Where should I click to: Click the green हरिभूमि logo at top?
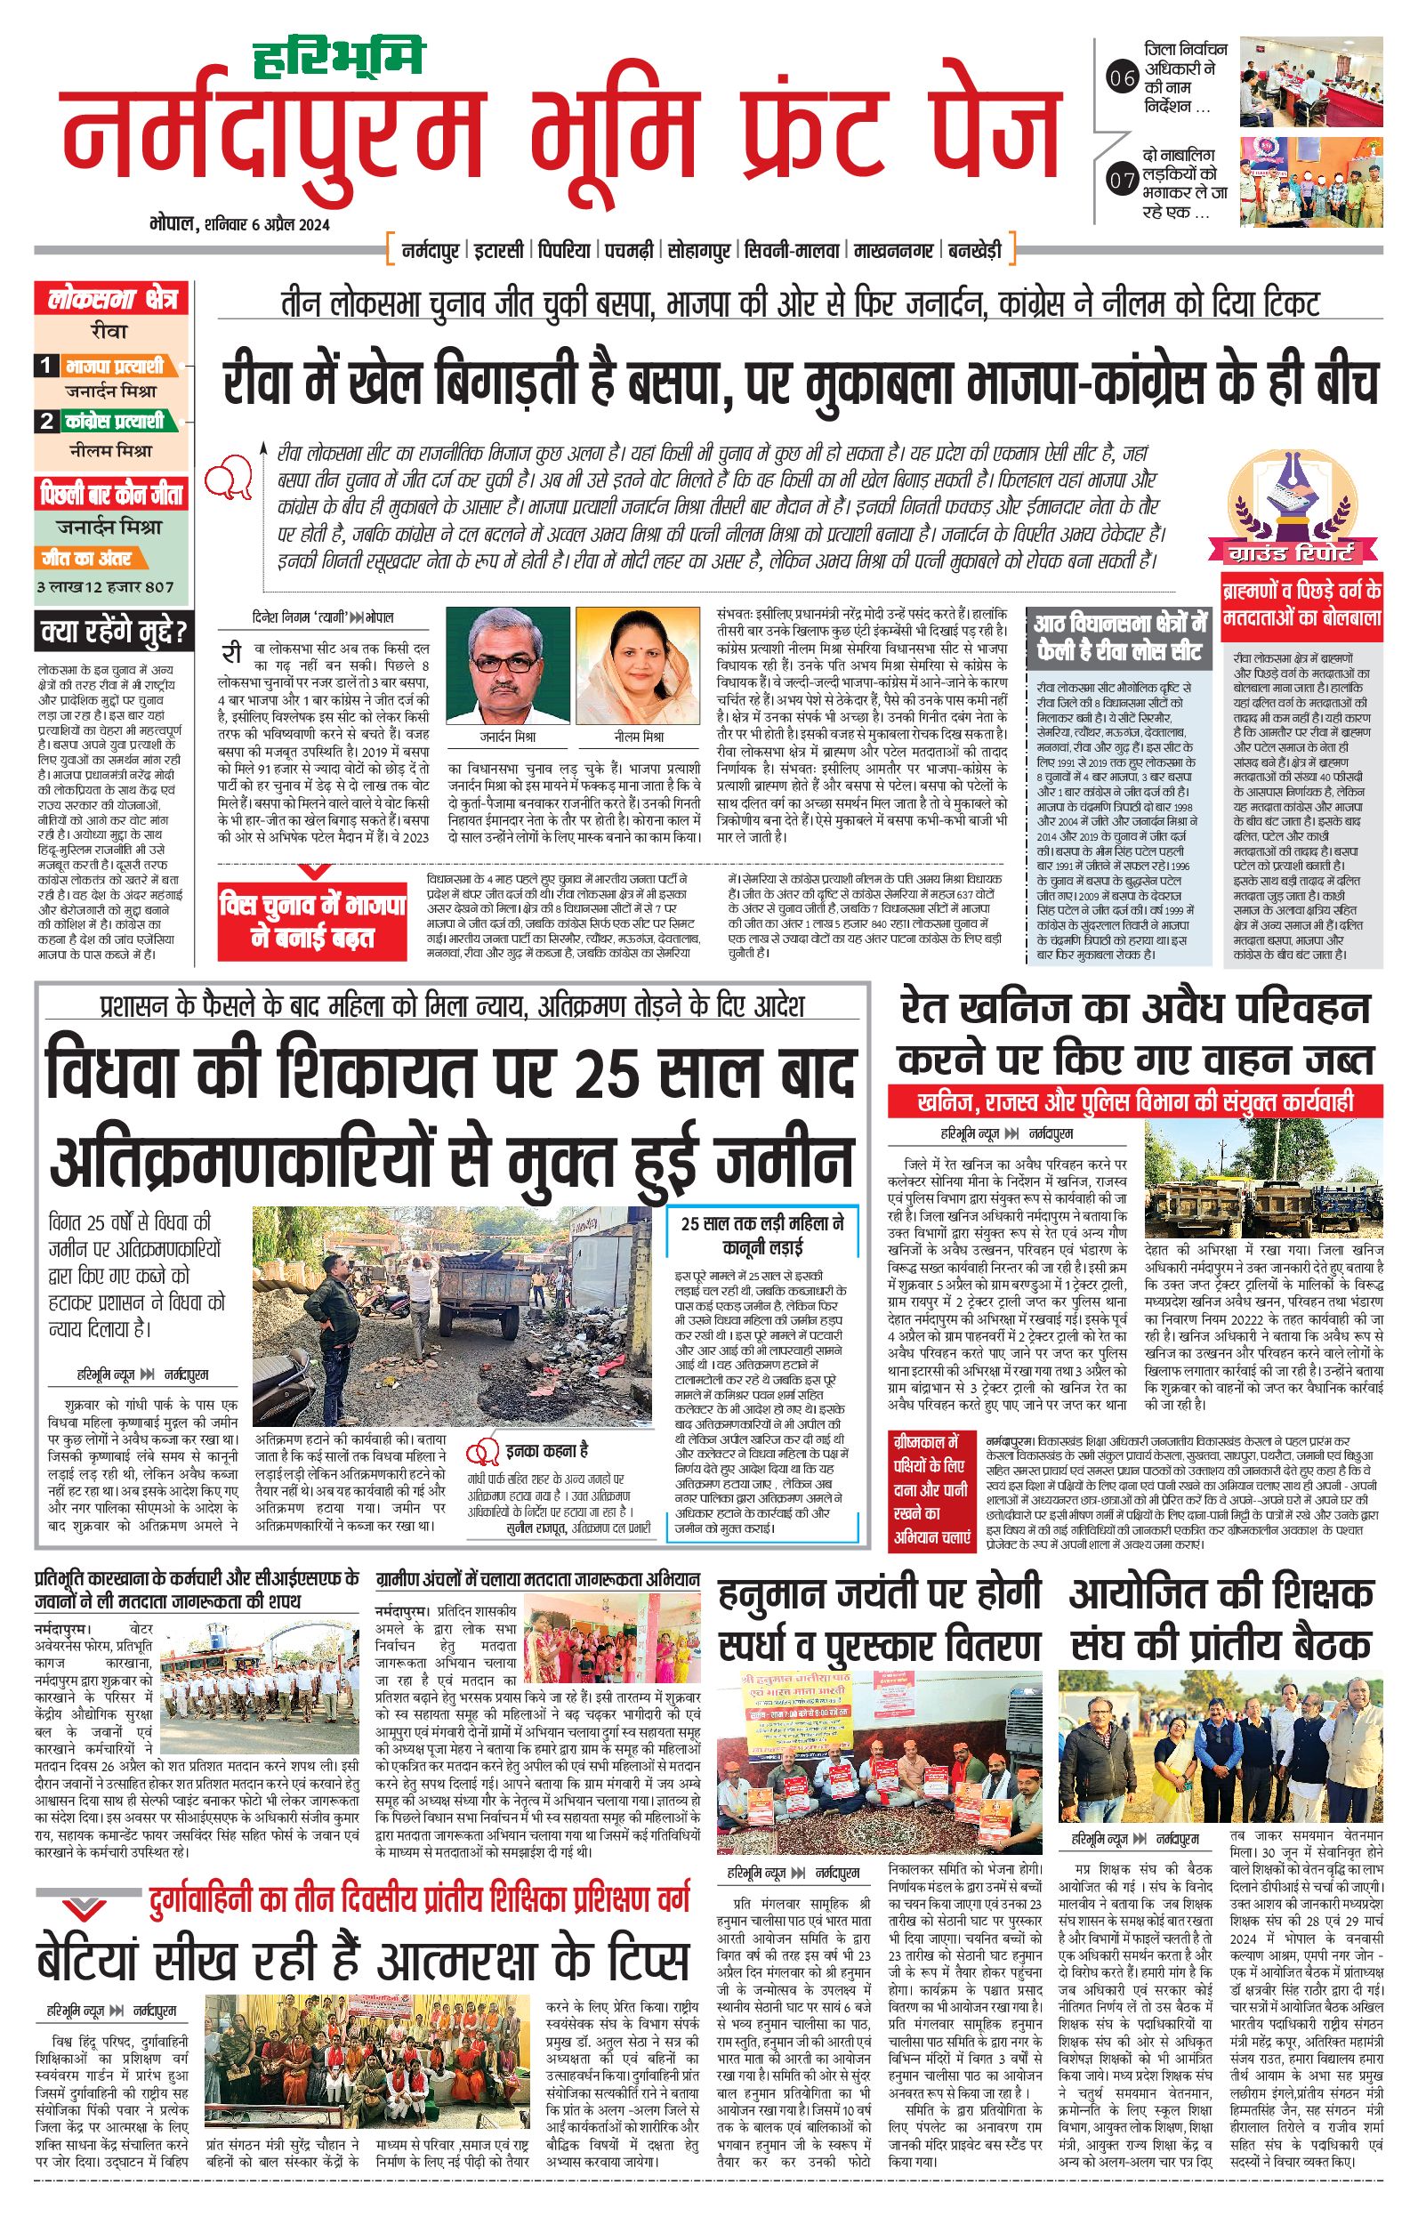click(339, 58)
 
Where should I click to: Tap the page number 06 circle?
click(1122, 79)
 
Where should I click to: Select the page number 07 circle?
click(1122, 179)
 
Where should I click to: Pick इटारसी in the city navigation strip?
click(500, 250)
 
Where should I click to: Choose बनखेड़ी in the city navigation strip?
click(974, 250)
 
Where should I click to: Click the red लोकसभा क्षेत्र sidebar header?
click(111, 299)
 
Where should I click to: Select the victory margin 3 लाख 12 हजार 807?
click(105, 587)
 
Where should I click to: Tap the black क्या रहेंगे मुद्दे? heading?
click(113, 633)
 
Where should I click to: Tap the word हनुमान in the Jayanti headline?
click(772, 1594)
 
